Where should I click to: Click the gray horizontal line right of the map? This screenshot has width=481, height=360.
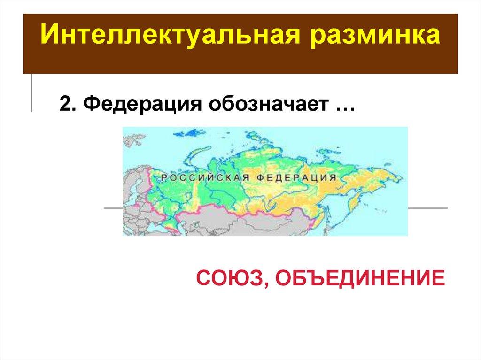click(x=427, y=207)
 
